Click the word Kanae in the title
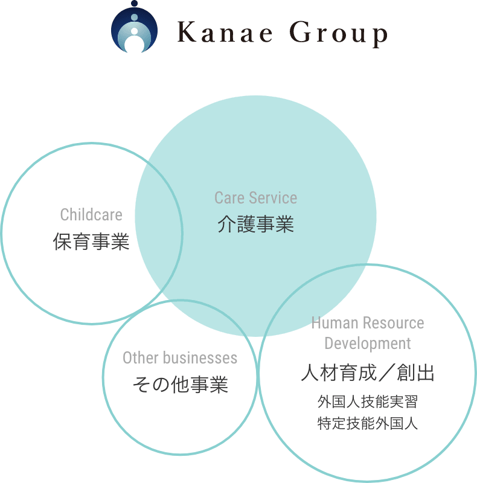pyautogui.click(x=225, y=32)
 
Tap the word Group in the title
pyautogui.click(x=339, y=34)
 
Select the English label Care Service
pyautogui.click(x=256, y=198)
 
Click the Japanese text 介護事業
pyautogui.click(x=256, y=224)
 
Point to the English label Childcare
pyautogui.click(x=91, y=214)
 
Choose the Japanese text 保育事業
pyautogui.click(x=91, y=241)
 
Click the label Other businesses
pyautogui.click(x=180, y=357)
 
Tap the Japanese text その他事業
pyautogui.click(x=181, y=385)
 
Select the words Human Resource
pyautogui.click(x=368, y=323)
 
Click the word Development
pyautogui.click(x=368, y=343)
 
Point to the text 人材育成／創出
pyautogui.click(x=368, y=373)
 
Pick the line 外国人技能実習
pyautogui.click(x=368, y=401)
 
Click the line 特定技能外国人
pyautogui.click(x=368, y=423)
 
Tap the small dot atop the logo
pyautogui.click(x=135, y=4)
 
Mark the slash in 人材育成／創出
pyautogui.click(x=386, y=373)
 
